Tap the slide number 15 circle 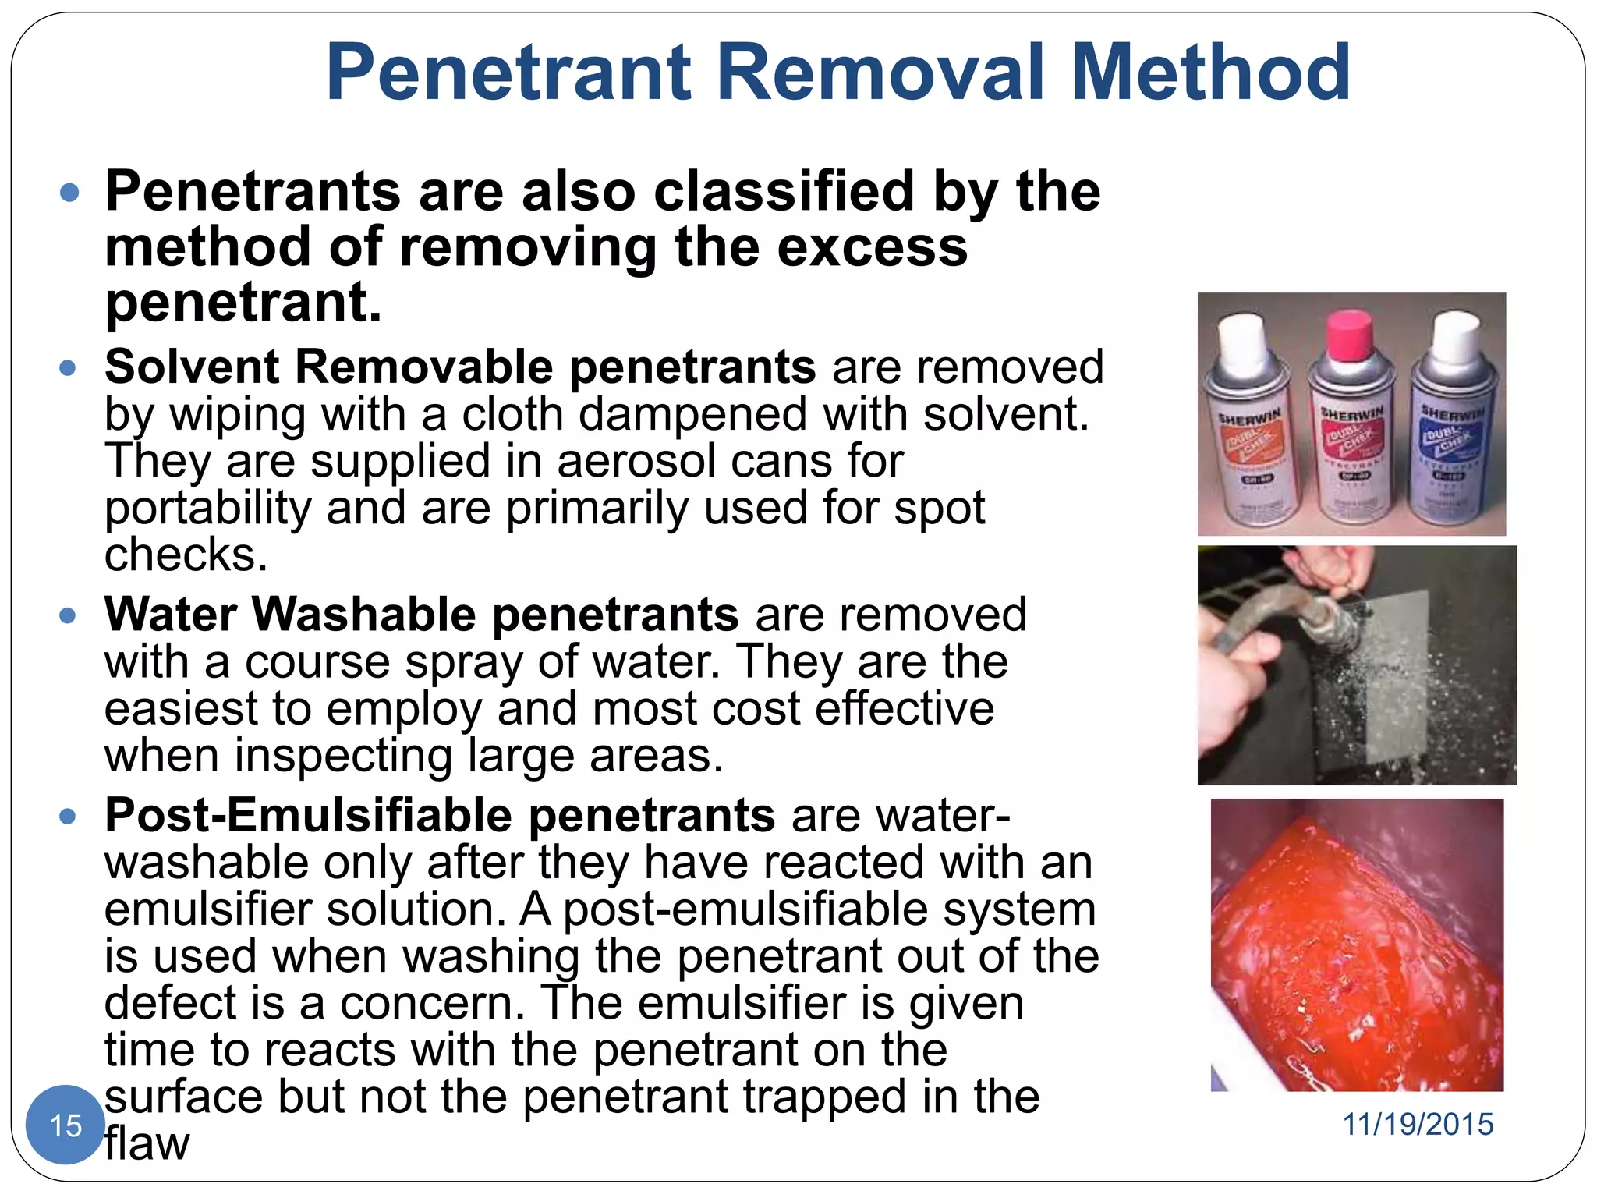(x=66, y=1125)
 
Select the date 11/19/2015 (x=1418, y=1125)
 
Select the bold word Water (x=170, y=615)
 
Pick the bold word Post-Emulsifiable (x=309, y=816)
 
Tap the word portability (x=207, y=508)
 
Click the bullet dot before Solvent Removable (x=69, y=367)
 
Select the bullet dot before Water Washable (x=69, y=615)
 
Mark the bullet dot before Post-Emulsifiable (x=69, y=817)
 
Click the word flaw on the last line (x=147, y=1144)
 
